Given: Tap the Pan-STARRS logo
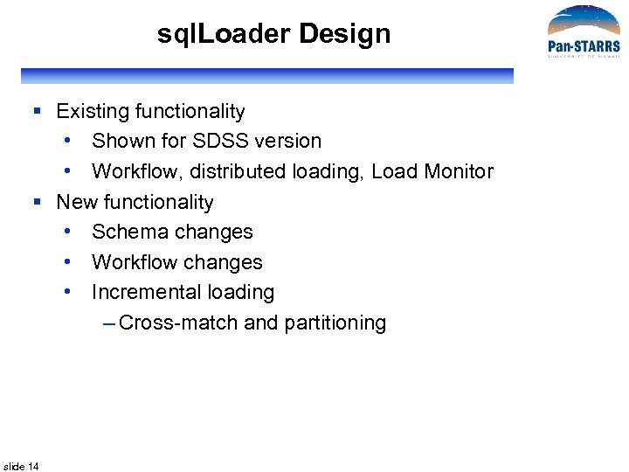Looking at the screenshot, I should (x=583, y=33).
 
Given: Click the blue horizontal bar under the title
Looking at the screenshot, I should (x=266, y=76).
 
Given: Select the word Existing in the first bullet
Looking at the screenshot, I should (x=93, y=111).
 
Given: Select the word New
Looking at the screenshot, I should (x=77, y=202).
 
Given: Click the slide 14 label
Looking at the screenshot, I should (x=21, y=466).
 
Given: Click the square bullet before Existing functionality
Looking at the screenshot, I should (x=38, y=111).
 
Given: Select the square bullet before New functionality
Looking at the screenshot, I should (x=38, y=202).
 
